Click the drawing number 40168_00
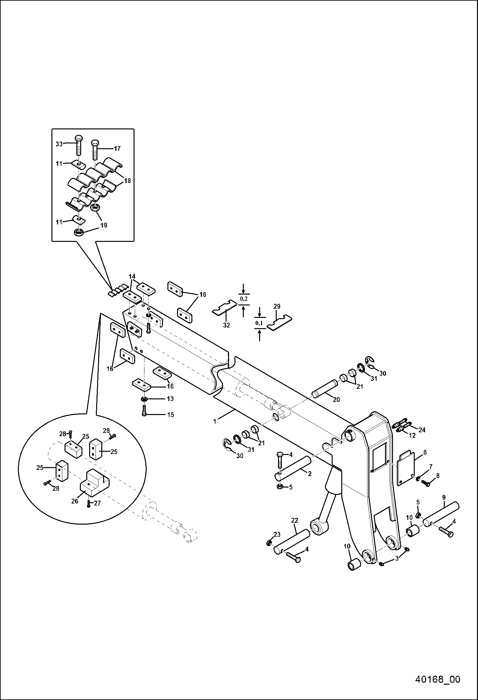(437, 679)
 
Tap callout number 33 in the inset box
(59, 144)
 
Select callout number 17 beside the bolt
(117, 148)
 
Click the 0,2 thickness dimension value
(243, 299)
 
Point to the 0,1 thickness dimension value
(259, 323)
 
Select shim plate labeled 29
(280, 323)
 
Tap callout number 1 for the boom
(215, 421)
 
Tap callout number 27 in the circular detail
(97, 503)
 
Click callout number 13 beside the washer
(170, 399)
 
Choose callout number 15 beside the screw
(171, 415)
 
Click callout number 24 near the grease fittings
(422, 430)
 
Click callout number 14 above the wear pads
(132, 276)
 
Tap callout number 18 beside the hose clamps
(127, 181)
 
